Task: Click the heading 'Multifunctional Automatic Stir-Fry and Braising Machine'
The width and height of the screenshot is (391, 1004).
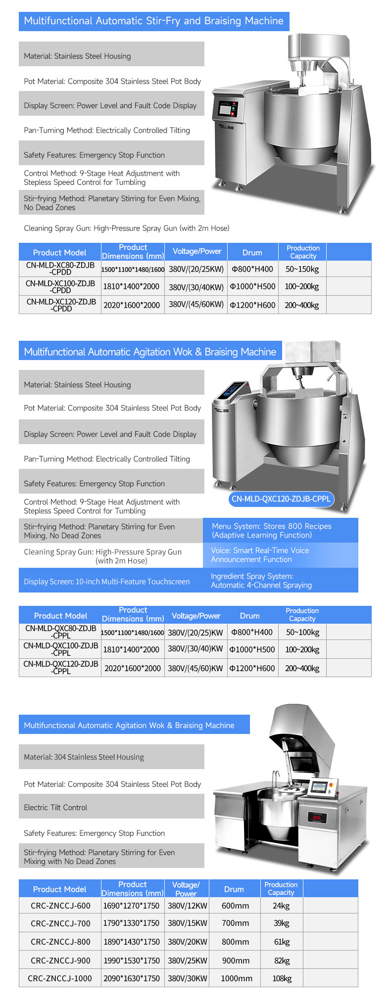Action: click(x=153, y=21)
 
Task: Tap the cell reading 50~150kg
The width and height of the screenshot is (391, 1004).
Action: click(x=302, y=269)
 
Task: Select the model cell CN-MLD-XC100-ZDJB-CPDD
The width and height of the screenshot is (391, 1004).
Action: click(x=60, y=286)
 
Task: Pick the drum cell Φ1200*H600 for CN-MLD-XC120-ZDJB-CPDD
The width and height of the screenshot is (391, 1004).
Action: click(x=252, y=305)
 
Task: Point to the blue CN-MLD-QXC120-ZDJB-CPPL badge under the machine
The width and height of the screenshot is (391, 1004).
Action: click(x=281, y=499)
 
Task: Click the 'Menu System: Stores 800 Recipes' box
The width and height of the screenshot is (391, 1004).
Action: click(x=280, y=530)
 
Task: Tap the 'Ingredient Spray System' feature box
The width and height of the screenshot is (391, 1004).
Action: click(x=280, y=581)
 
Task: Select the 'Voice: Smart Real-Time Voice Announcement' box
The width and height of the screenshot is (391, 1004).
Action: click(x=280, y=555)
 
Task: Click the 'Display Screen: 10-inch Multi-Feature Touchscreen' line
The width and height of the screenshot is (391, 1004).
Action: click(x=107, y=582)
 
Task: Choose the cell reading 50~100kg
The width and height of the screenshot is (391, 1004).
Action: click(x=302, y=632)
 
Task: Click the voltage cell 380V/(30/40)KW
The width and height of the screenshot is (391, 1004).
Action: click(x=195, y=649)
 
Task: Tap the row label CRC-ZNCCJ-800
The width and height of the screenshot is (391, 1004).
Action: click(x=60, y=942)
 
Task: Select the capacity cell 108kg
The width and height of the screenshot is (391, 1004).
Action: click(x=282, y=978)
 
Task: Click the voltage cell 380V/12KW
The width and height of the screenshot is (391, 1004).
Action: click(x=187, y=906)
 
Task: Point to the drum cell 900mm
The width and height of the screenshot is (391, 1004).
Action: click(x=235, y=960)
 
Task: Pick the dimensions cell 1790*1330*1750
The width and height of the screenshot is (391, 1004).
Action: click(x=131, y=923)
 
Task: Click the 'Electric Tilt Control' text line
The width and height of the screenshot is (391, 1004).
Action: click(x=55, y=808)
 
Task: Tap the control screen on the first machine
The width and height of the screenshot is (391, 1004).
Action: click(x=227, y=110)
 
